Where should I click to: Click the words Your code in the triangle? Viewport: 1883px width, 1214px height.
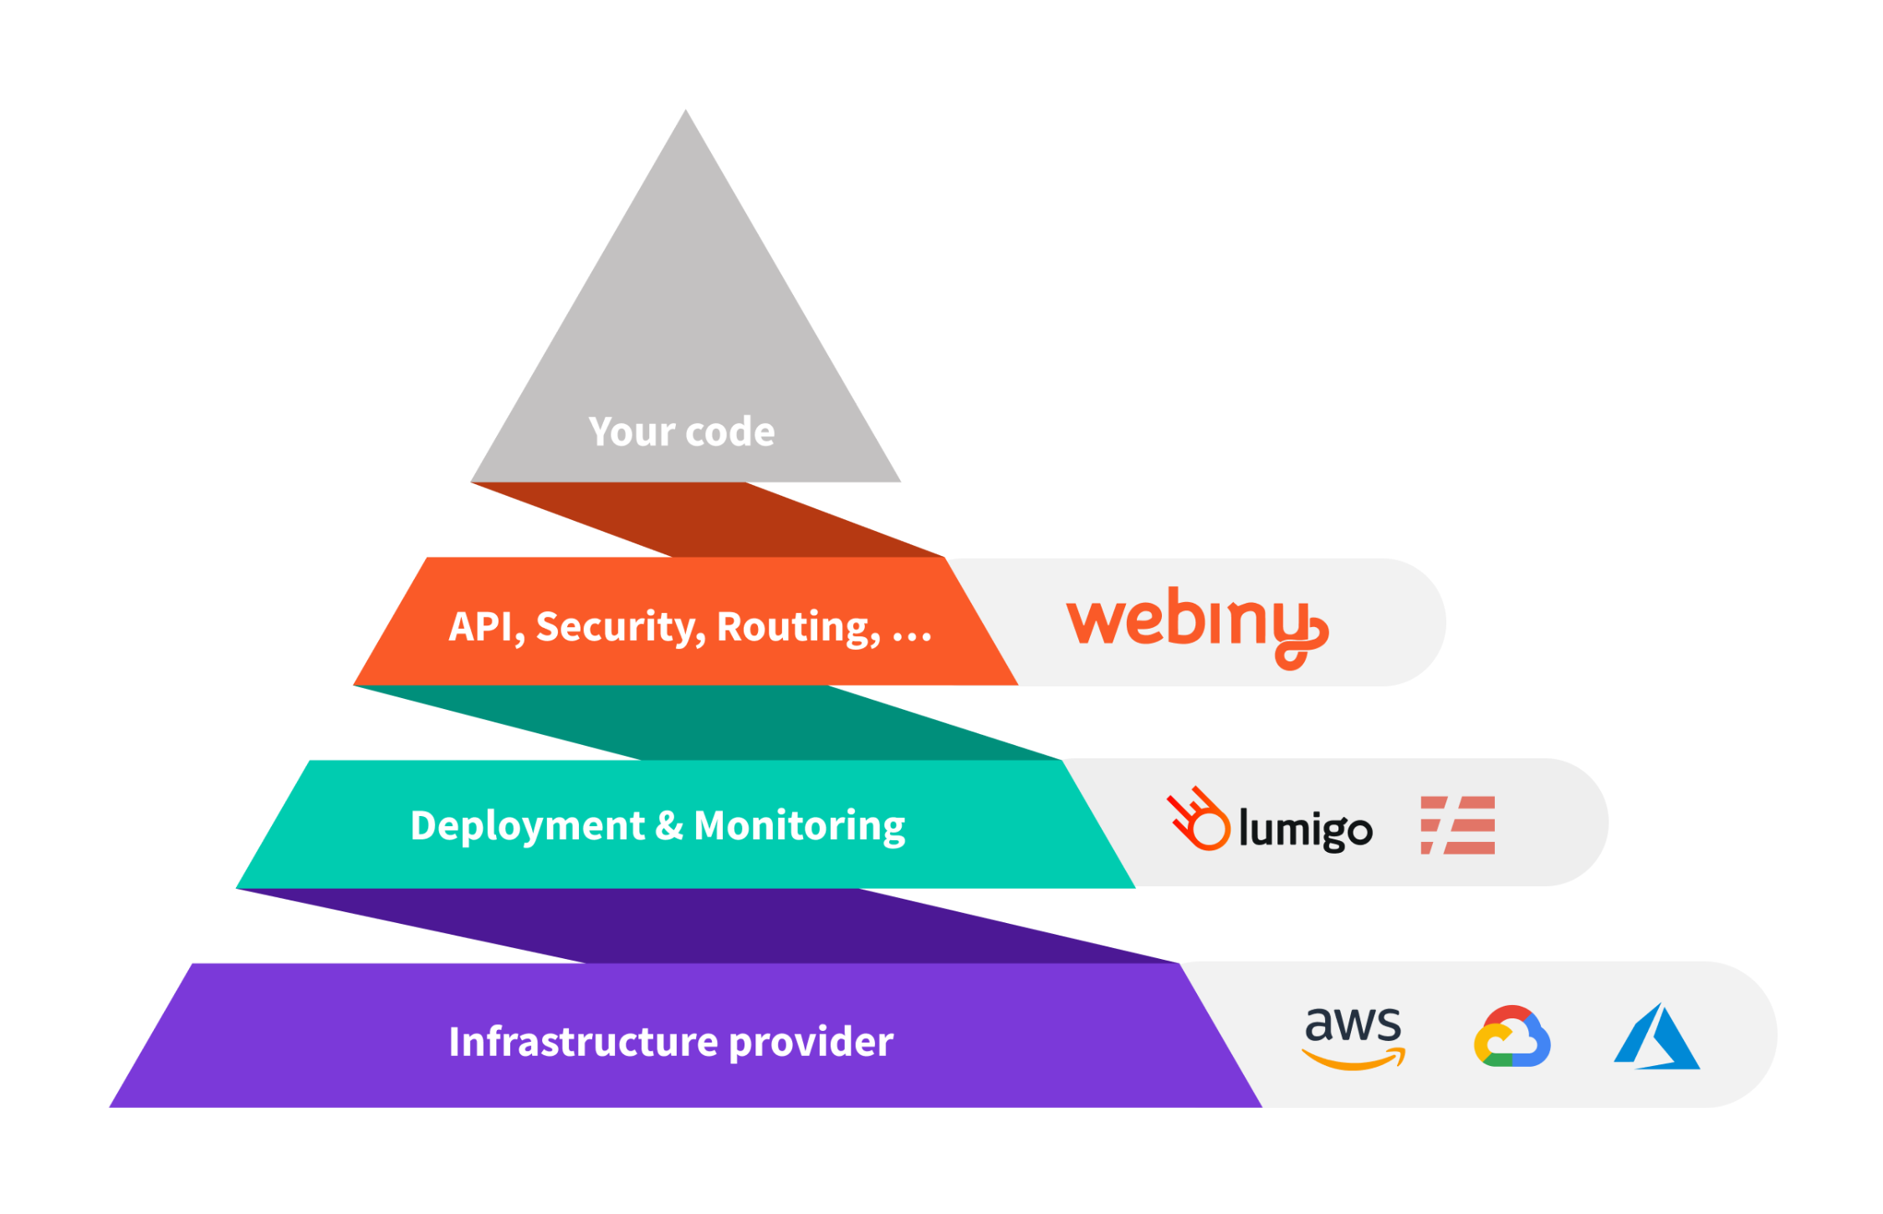pyautogui.click(x=681, y=432)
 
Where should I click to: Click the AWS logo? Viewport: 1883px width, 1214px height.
pyautogui.click(x=1352, y=1037)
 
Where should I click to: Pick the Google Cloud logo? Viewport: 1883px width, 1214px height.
pyautogui.click(x=1511, y=1037)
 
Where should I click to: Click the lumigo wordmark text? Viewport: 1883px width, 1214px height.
pyautogui.click(x=1305, y=829)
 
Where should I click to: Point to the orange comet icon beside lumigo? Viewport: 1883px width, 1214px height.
pyautogui.click(x=1198, y=819)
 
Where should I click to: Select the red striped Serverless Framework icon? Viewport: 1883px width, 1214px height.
pyautogui.click(x=1457, y=824)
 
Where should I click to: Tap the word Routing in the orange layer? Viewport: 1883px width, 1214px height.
pyautogui.click(x=798, y=627)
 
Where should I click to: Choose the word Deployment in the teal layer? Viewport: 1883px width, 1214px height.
pyautogui.click(x=527, y=826)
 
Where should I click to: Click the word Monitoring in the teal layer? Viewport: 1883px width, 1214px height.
pyautogui.click(x=799, y=826)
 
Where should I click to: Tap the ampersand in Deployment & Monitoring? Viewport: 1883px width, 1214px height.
pyautogui.click(x=668, y=826)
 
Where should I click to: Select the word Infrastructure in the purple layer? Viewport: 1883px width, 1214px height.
pyautogui.click(x=584, y=1042)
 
